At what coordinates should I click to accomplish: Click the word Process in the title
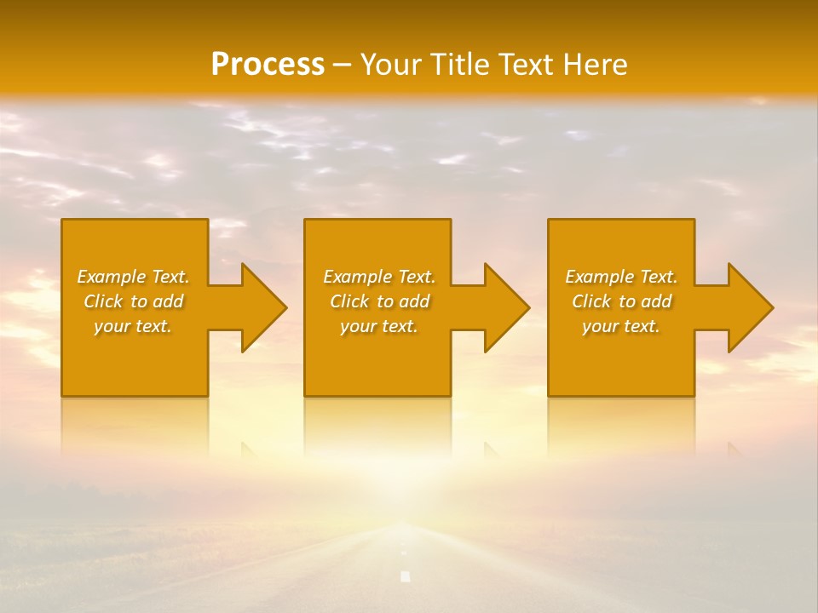(268, 64)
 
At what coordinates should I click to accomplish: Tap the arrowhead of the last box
(749, 307)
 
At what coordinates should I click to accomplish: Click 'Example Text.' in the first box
(133, 277)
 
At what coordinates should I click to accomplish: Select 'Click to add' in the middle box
(379, 301)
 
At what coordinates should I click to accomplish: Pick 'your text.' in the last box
(621, 326)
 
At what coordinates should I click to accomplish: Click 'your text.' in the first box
(133, 326)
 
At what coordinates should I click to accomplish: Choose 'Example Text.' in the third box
(621, 277)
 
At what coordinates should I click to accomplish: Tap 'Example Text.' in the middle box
(379, 277)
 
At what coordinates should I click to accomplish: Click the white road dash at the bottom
(406, 576)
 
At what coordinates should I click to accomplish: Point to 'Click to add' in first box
(133, 301)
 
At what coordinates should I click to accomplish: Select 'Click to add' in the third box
(621, 301)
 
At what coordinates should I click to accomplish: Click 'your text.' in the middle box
(379, 326)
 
